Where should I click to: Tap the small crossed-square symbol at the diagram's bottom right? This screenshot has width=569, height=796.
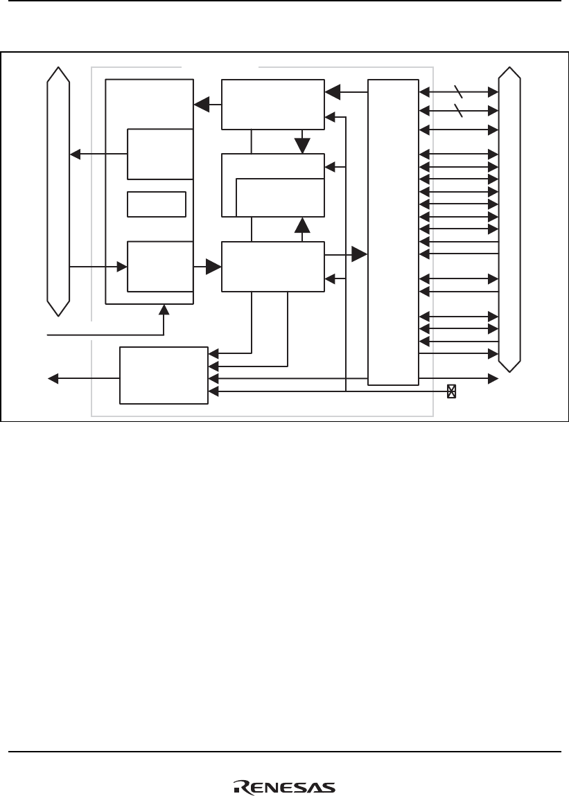(x=451, y=391)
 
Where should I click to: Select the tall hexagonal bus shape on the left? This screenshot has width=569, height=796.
(x=58, y=191)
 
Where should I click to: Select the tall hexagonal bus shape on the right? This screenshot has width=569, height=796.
(x=510, y=219)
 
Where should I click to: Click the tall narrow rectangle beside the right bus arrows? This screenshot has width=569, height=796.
(x=393, y=231)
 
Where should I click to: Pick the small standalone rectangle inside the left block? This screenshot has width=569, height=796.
(x=157, y=204)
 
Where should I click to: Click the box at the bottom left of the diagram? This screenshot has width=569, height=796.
(x=164, y=375)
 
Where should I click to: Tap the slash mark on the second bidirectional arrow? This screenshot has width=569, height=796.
(x=457, y=110)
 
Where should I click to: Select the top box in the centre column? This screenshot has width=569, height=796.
(x=272, y=105)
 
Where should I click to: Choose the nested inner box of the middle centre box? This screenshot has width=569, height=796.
(x=280, y=197)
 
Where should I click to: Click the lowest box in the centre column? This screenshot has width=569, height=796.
(x=272, y=267)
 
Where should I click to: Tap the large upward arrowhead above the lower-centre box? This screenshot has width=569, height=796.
(x=301, y=225)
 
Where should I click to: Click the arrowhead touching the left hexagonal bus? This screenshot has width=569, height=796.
(x=73, y=154)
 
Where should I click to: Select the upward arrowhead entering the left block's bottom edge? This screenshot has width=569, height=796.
(x=164, y=308)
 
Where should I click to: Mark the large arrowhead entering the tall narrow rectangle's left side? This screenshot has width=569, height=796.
(x=359, y=255)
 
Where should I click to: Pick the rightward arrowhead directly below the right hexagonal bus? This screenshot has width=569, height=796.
(x=494, y=378)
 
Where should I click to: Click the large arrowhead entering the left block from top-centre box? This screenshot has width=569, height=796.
(x=202, y=105)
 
